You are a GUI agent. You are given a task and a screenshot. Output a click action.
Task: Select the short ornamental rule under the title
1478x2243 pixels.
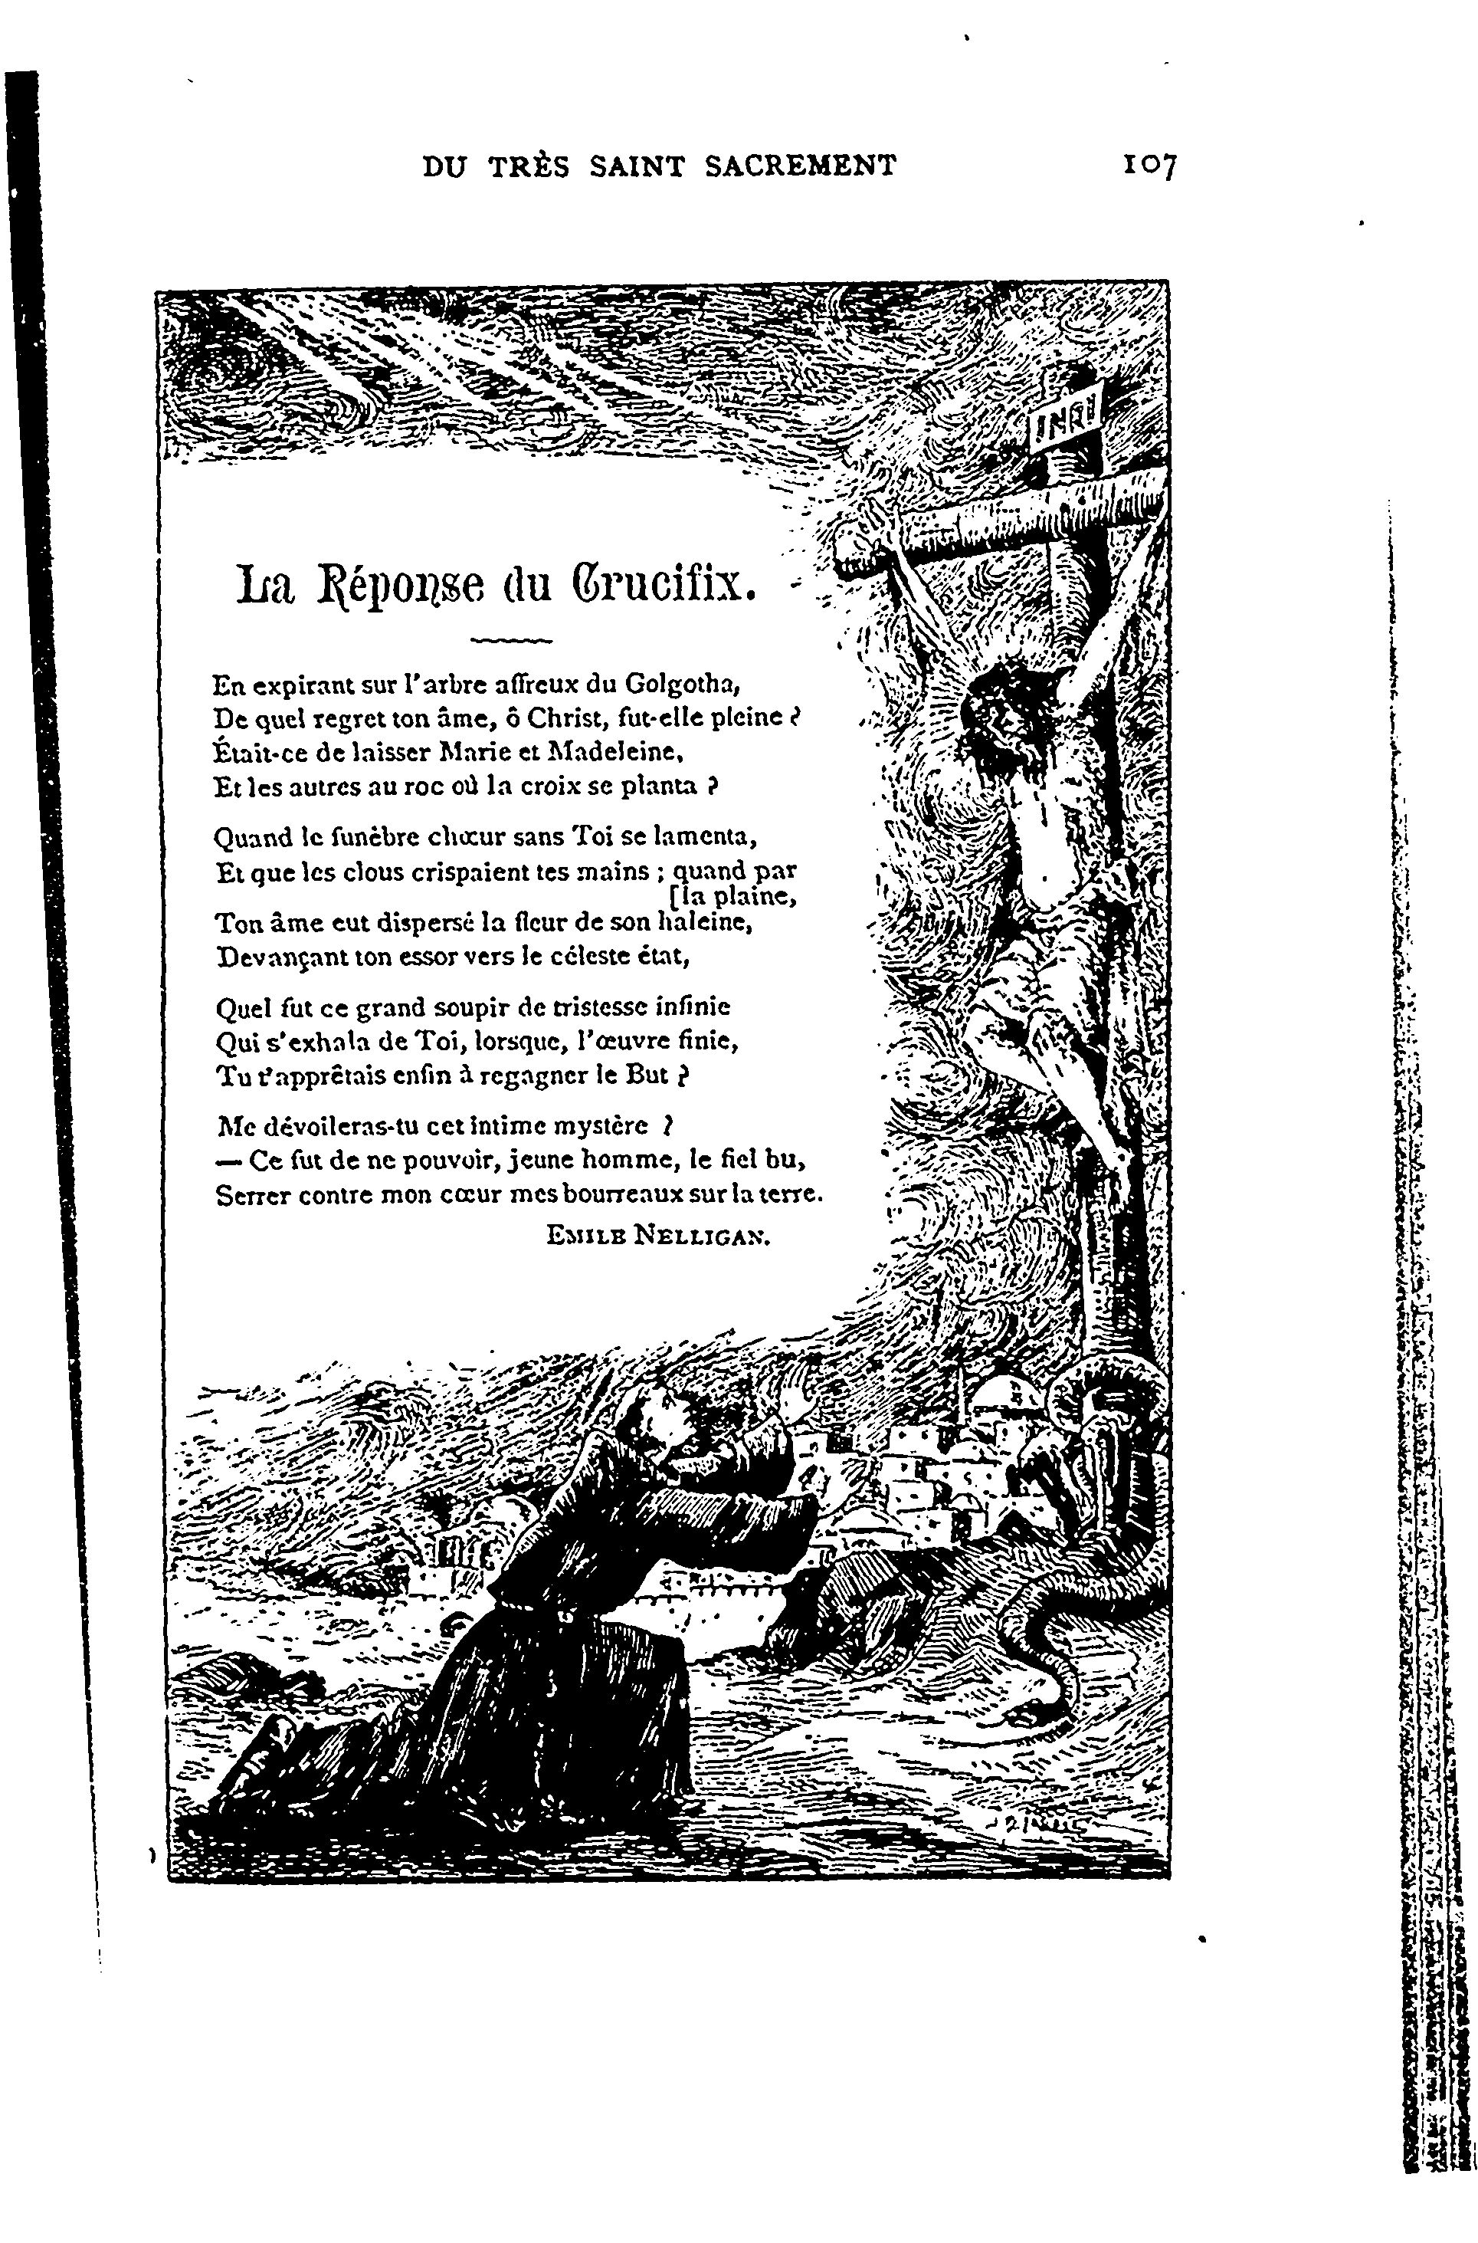pyautogui.click(x=510, y=641)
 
